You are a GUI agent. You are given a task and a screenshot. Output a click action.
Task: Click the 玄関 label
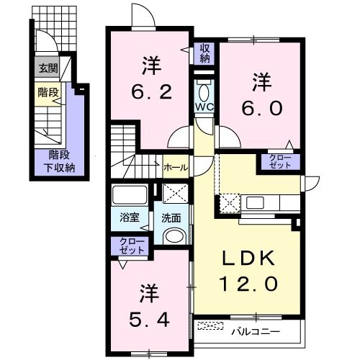coord(48,69)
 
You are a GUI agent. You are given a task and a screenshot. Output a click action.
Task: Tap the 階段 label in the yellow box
coord(48,93)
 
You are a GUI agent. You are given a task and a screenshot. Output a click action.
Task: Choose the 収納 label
coord(204,53)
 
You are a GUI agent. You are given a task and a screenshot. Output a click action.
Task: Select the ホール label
coord(176,167)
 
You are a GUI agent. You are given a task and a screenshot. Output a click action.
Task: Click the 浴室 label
coord(130,215)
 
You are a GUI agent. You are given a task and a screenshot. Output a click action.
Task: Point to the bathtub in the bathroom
coord(130,194)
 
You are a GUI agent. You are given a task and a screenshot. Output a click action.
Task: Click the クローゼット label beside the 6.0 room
coord(279,161)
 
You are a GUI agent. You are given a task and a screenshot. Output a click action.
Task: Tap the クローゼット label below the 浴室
coord(131,246)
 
